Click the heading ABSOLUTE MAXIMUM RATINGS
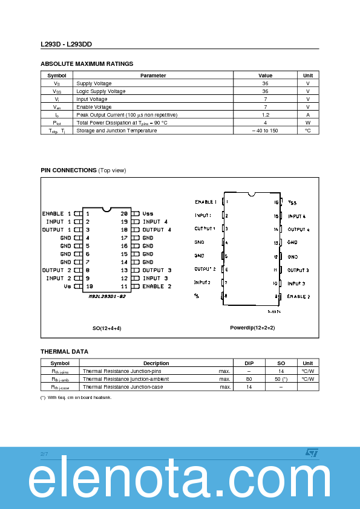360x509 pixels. pos(87,63)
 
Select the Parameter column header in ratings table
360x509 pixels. pos(153,76)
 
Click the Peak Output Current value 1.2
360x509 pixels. pos(266,114)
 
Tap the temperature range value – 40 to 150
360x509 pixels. pos(266,131)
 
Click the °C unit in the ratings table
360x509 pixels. pos(307,131)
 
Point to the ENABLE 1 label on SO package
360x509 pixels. pos(56,213)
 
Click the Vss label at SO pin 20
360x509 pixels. pos(148,213)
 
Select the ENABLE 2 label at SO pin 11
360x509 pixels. pos(157,286)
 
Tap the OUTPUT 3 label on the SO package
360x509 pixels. pos(157,270)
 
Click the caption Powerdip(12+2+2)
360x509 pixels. pos(252,328)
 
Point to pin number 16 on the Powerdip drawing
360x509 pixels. pos(277,203)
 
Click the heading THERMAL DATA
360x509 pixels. pos(64,351)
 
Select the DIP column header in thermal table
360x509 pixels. pos(249,363)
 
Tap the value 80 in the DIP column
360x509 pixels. pos(249,379)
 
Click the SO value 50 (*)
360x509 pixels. pos(281,379)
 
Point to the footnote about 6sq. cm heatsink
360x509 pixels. pos(76,397)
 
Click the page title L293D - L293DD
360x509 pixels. pos(67,44)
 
